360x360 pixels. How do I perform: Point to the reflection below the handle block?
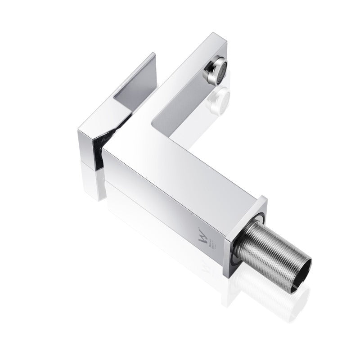94,180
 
